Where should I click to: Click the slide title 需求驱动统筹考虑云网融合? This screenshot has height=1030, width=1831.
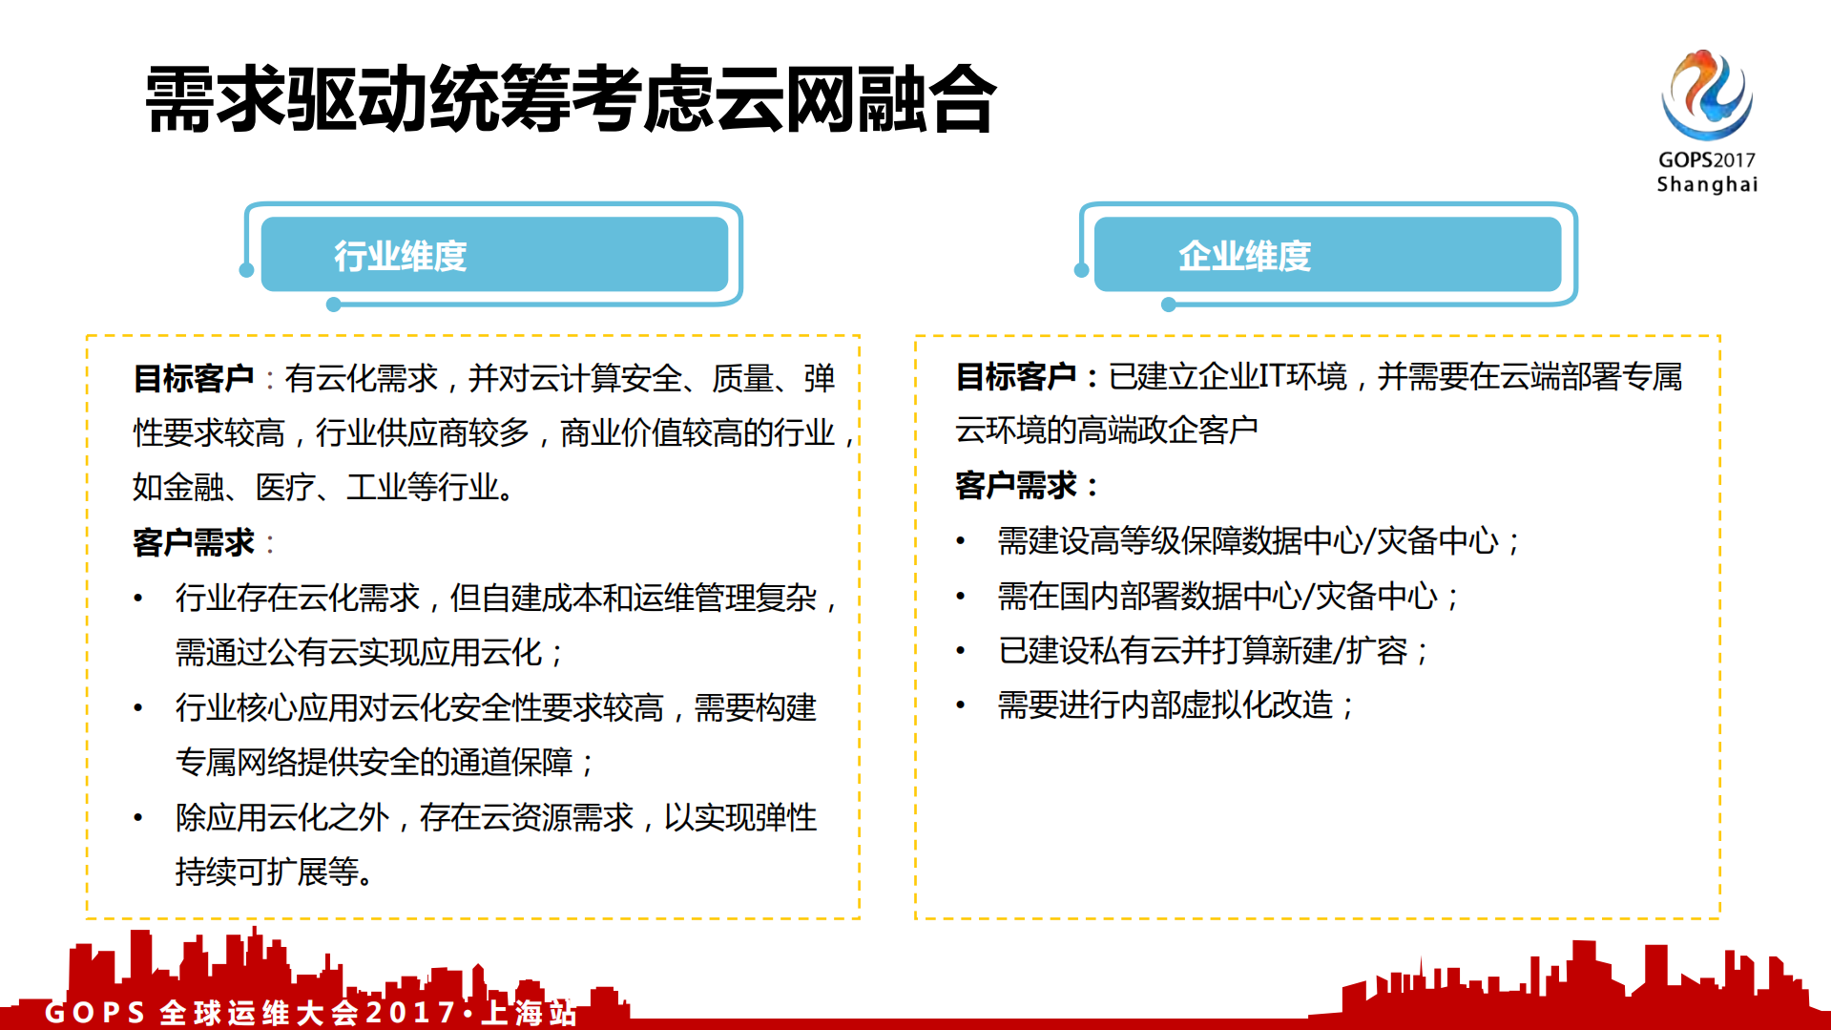(570, 99)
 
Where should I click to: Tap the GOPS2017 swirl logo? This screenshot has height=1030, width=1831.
(1706, 95)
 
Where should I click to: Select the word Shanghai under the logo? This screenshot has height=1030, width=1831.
(1706, 184)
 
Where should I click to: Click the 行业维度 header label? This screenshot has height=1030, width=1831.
(400, 256)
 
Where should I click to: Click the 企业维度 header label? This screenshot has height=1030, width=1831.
(1244, 256)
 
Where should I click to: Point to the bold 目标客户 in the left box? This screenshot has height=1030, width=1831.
(194, 379)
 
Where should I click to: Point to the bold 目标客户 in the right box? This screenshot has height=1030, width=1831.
(1016, 377)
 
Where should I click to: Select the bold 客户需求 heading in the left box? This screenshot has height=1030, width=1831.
(194, 543)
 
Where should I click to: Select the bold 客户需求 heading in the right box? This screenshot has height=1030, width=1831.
(1016, 486)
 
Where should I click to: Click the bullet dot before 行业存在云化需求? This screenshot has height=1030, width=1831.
(139, 599)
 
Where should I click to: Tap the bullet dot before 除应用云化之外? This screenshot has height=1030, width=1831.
(139, 818)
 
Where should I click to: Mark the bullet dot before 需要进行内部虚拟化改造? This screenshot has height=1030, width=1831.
(962, 706)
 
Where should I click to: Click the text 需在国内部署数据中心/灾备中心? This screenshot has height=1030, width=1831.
(1217, 597)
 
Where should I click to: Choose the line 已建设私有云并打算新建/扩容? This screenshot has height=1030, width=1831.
(1202, 651)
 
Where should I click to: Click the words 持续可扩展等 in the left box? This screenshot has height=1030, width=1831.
(267, 872)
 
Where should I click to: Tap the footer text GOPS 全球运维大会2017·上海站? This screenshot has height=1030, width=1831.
(311, 1012)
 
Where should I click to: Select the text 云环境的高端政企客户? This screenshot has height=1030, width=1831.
(1107, 431)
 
